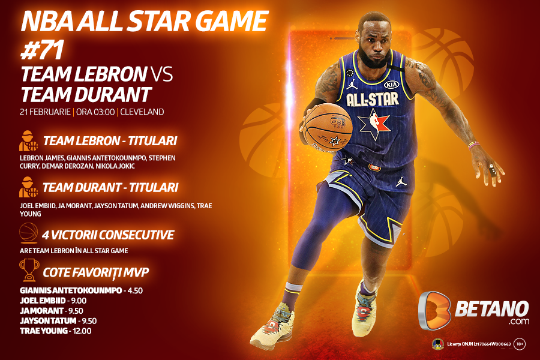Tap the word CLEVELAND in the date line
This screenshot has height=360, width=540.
pyautogui.click(x=143, y=112)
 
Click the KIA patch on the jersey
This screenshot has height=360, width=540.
pyautogui.click(x=391, y=85)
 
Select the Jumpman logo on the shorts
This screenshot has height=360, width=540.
pyautogui.click(x=401, y=180)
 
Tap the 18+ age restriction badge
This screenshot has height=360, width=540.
pyautogui.click(x=520, y=344)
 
